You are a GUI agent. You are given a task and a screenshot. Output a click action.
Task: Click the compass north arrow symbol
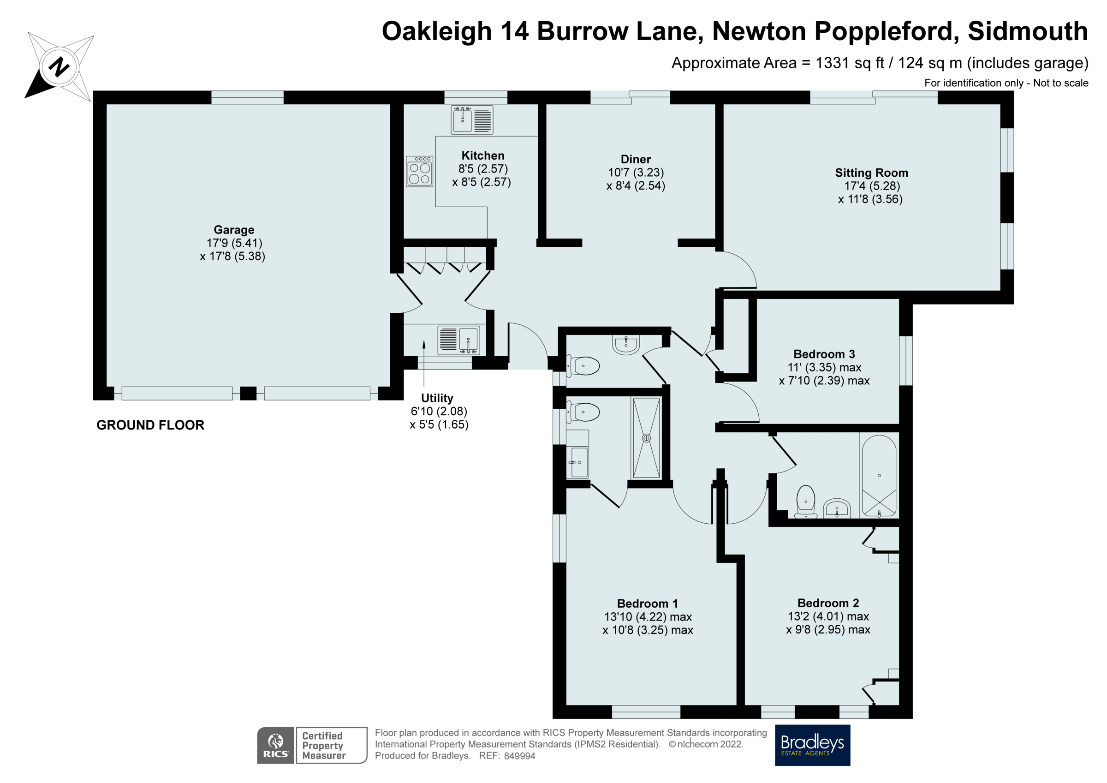pos(59,66)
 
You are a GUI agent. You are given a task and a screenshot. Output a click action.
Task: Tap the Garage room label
pos(234,230)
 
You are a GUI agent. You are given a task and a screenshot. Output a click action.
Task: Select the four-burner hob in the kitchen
pos(419,171)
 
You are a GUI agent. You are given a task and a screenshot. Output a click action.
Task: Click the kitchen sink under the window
pos(472,120)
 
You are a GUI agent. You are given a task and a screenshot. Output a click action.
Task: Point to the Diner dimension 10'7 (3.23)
pos(636,173)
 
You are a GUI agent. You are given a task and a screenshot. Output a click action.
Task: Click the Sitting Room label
pos(871,173)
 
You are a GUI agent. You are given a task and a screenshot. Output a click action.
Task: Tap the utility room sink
pos(458,339)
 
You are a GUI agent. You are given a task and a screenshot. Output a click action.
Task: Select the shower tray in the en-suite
pos(646,437)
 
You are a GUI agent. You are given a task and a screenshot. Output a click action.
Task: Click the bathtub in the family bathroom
pos(879,476)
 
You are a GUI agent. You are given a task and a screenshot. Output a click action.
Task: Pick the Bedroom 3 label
pos(824,354)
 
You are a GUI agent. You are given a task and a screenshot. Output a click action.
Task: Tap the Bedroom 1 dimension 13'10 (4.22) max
pos(648,616)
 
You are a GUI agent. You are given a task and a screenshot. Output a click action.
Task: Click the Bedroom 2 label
pos(828,603)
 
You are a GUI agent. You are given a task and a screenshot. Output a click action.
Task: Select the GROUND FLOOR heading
pos(150,425)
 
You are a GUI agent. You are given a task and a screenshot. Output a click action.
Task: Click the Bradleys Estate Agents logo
pos(812,745)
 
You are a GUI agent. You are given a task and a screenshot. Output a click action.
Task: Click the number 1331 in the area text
pos(831,63)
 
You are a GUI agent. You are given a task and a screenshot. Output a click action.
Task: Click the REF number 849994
pos(519,756)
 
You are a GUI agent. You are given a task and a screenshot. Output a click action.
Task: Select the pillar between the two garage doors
pos(248,393)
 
